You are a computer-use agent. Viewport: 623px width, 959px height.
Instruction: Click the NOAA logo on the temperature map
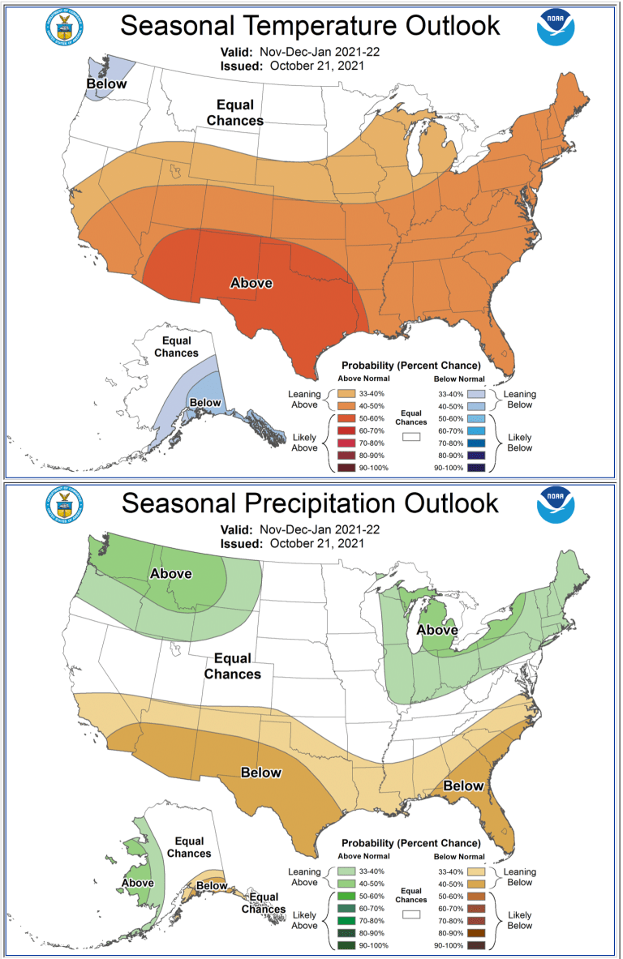(556, 28)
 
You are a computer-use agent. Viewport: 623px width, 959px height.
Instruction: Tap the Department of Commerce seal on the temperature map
(65, 28)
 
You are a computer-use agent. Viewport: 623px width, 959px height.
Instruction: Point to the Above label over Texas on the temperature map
(251, 283)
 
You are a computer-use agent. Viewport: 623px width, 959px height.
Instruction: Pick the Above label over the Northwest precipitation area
(170, 574)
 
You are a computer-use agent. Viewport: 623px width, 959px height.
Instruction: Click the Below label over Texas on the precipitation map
(261, 773)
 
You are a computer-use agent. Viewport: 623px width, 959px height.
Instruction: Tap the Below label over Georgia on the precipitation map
(463, 786)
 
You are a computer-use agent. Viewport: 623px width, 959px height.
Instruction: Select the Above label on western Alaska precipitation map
(138, 882)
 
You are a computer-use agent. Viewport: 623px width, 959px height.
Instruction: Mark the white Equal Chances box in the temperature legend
(412, 436)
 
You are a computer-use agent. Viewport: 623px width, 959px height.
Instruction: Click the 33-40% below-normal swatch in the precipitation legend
(478, 872)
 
